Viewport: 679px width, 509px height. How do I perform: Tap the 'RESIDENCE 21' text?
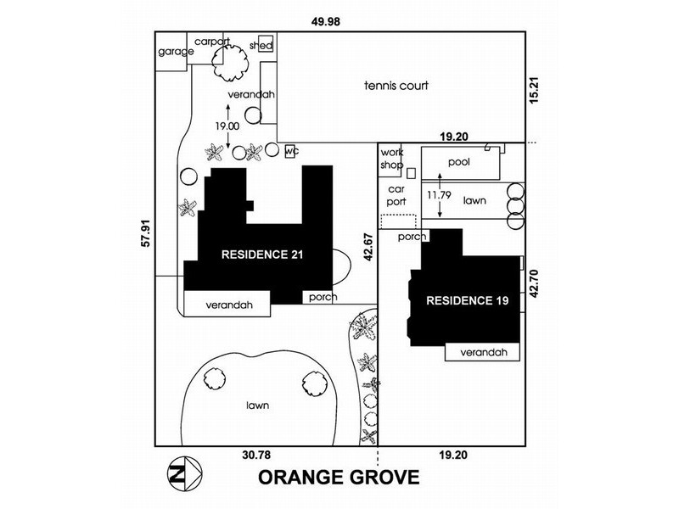tap(262, 254)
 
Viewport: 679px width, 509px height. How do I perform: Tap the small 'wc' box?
tap(291, 151)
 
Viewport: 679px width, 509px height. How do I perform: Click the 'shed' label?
tap(261, 46)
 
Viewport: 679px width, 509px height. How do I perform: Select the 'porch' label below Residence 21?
tap(323, 297)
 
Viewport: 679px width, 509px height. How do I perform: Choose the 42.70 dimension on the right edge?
tap(534, 282)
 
